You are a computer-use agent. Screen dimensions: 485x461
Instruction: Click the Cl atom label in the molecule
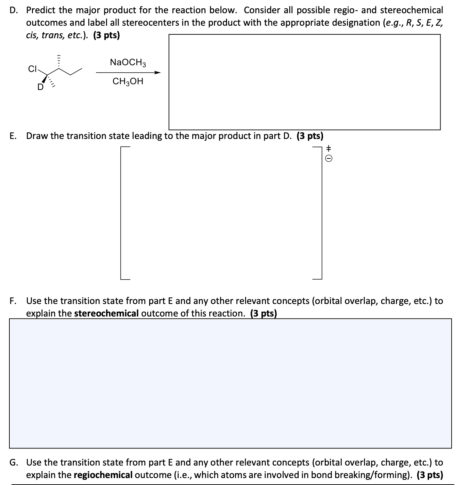coord(32,69)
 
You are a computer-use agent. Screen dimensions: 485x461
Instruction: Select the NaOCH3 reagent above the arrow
coord(128,63)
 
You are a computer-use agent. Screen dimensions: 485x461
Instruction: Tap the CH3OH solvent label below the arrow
coord(128,82)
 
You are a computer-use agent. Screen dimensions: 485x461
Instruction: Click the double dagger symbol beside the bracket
coord(329,148)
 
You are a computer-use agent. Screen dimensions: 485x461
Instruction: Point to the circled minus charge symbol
coord(329,158)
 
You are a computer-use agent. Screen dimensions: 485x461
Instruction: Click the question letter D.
coord(13,10)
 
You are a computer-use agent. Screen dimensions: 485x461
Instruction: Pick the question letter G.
coord(13,462)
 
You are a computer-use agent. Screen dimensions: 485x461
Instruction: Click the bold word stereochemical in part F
coord(106,313)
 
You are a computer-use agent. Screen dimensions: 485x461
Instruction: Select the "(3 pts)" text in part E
coord(310,136)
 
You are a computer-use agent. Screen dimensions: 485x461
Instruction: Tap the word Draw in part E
coord(37,136)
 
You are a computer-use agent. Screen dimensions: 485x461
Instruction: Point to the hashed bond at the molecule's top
coord(59,61)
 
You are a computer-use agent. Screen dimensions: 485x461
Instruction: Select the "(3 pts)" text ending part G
coord(430,475)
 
